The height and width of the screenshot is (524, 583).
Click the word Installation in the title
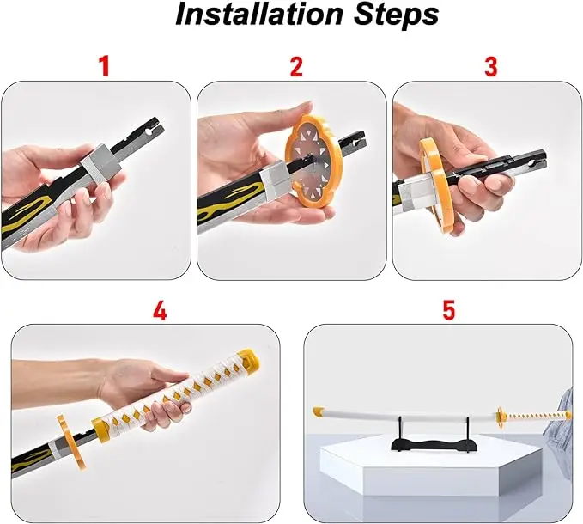point(258,15)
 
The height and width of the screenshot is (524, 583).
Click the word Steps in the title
point(396,14)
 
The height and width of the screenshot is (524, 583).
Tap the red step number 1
point(105,66)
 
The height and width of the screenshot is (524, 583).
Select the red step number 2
point(296,66)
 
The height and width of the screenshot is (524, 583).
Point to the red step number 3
point(491,66)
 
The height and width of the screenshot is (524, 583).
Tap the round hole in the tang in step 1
point(150,131)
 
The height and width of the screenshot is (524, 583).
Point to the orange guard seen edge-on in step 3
point(436,186)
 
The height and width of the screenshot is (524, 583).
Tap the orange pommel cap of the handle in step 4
point(250,358)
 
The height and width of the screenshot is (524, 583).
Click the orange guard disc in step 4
point(71,442)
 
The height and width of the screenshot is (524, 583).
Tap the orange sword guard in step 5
point(501,417)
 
